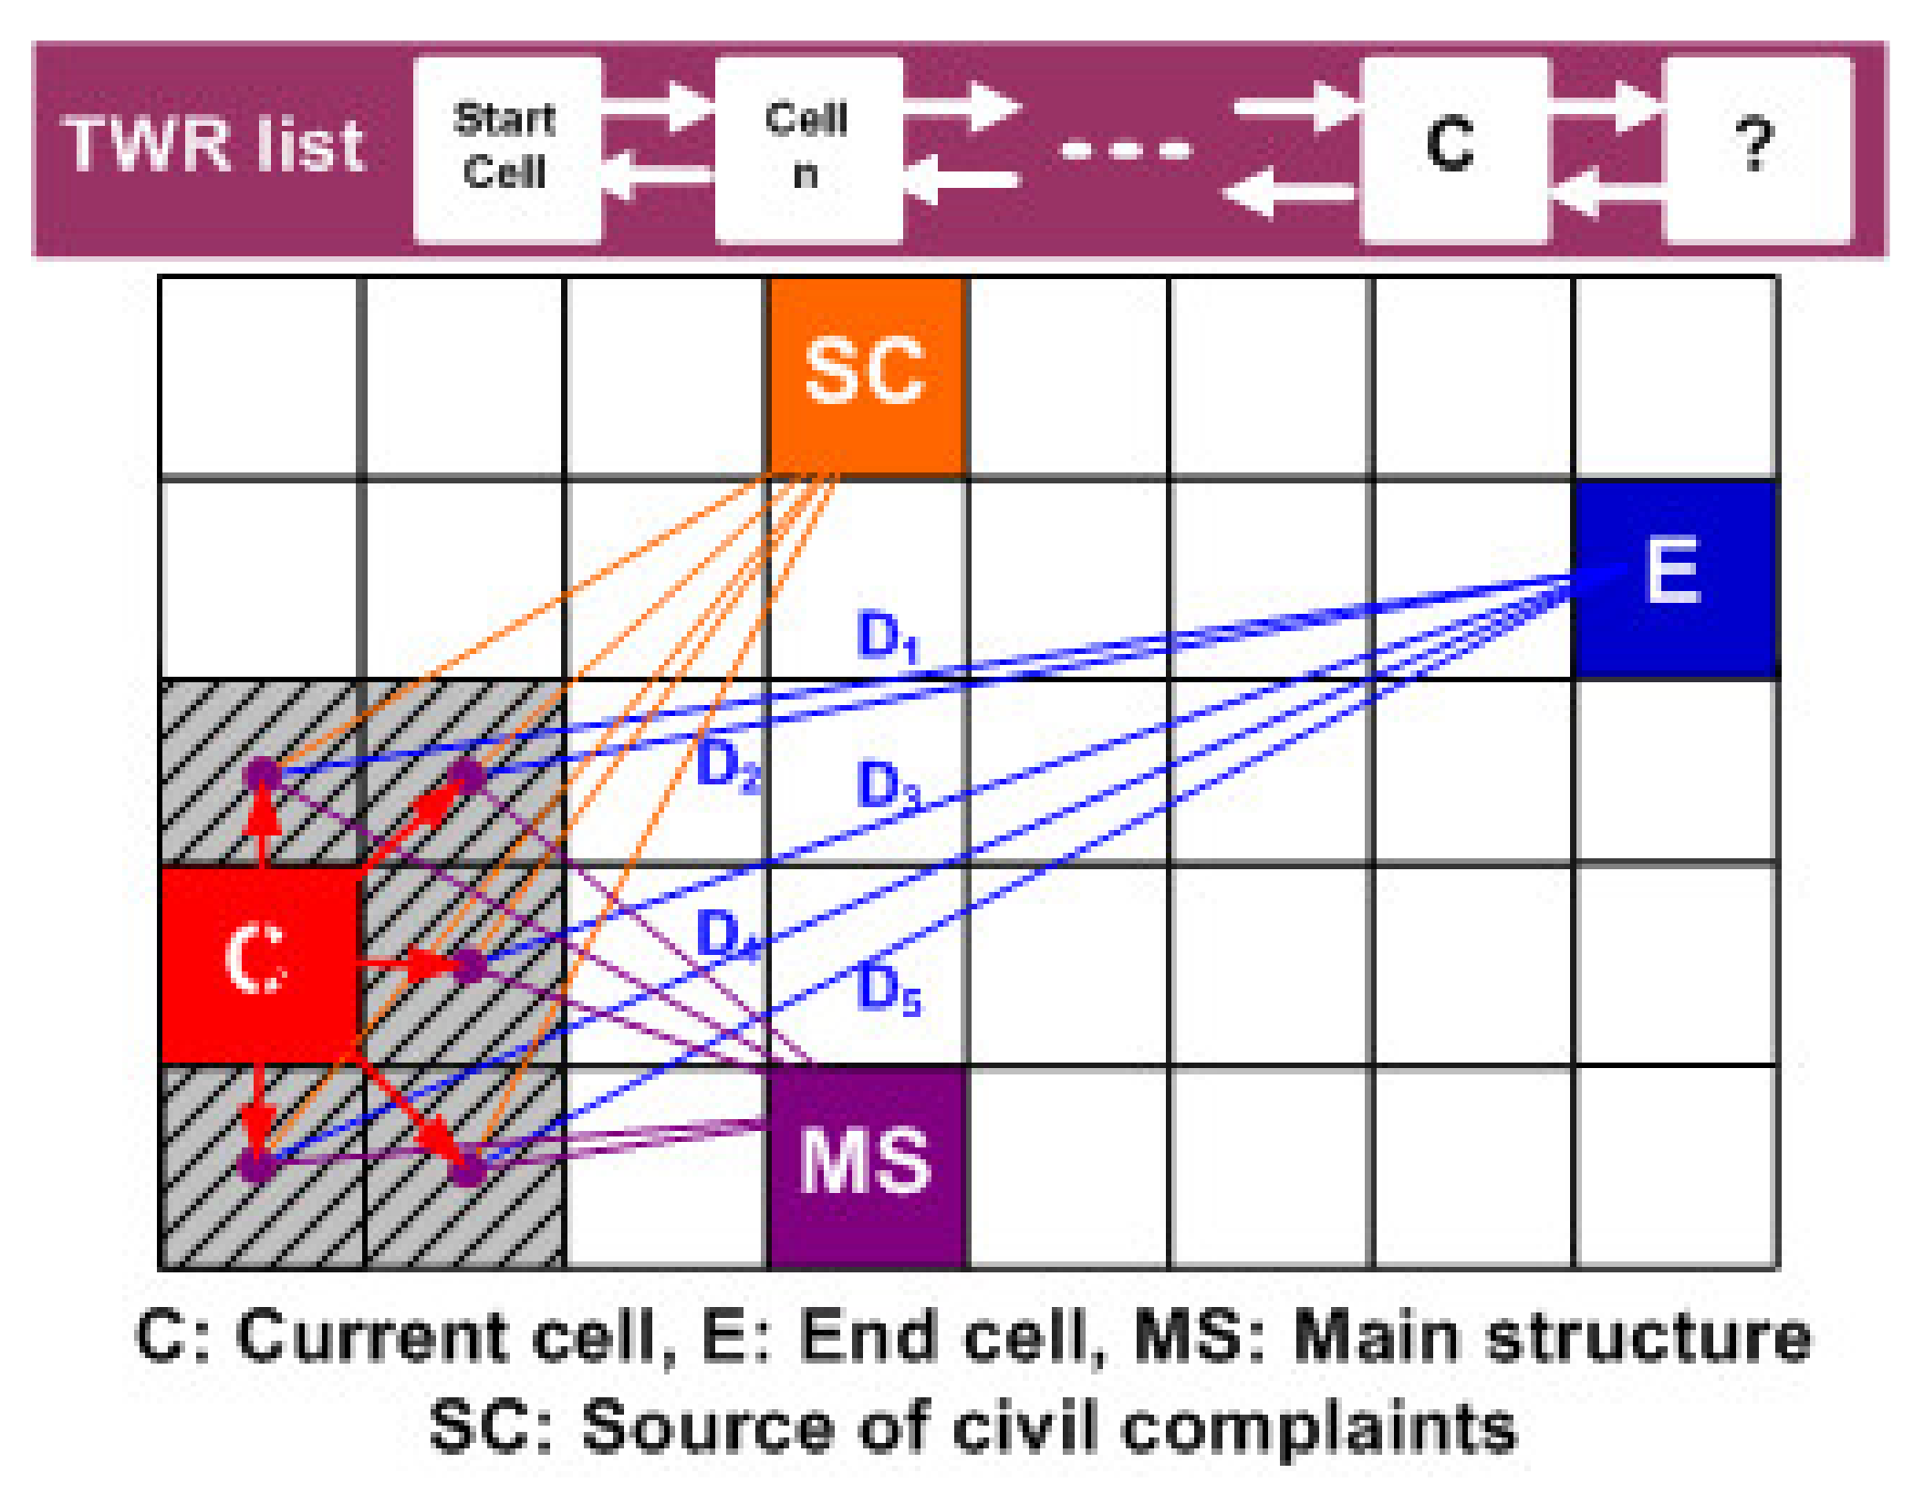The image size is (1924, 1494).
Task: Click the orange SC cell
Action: tap(867, 375)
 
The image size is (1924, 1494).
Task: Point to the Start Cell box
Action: tap(506, 149)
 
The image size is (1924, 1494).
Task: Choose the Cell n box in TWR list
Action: tap(808, 149)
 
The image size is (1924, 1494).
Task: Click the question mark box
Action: tap(1756, 149)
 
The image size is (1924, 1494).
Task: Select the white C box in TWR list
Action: tap(1452, 149)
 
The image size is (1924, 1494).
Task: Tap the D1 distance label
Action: tap(888, 637)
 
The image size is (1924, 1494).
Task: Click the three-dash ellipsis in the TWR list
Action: tap(1127, 149)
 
